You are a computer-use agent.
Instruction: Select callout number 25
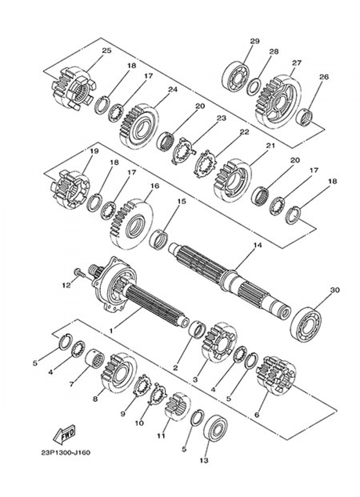(x=107, y=50)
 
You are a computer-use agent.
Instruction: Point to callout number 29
(x=255, y=41)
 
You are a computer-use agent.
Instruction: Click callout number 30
(x=335, y=290)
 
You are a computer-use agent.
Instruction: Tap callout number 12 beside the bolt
(x=66, y=285)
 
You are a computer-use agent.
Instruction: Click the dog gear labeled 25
(x=74, y=89)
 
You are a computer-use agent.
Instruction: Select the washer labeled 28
(x=254, y=87)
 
